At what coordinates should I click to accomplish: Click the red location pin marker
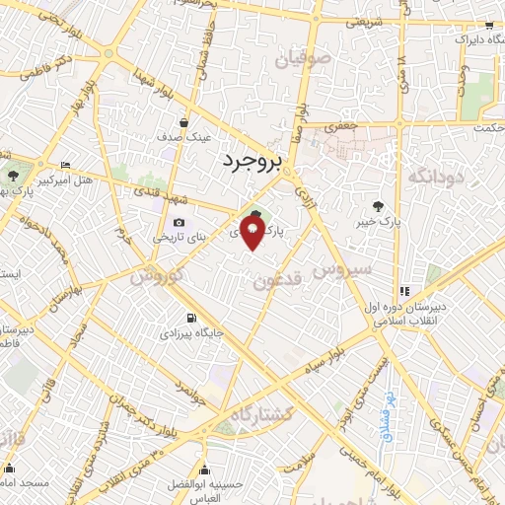(253, 232)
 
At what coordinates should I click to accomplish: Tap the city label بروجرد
(252, 160)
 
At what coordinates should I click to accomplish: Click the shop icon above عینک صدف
(184, 124)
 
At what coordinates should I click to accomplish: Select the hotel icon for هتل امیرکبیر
(65, 165)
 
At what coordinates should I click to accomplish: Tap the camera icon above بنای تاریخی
(179, 222)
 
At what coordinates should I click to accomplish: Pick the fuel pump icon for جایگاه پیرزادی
(190, 318)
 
